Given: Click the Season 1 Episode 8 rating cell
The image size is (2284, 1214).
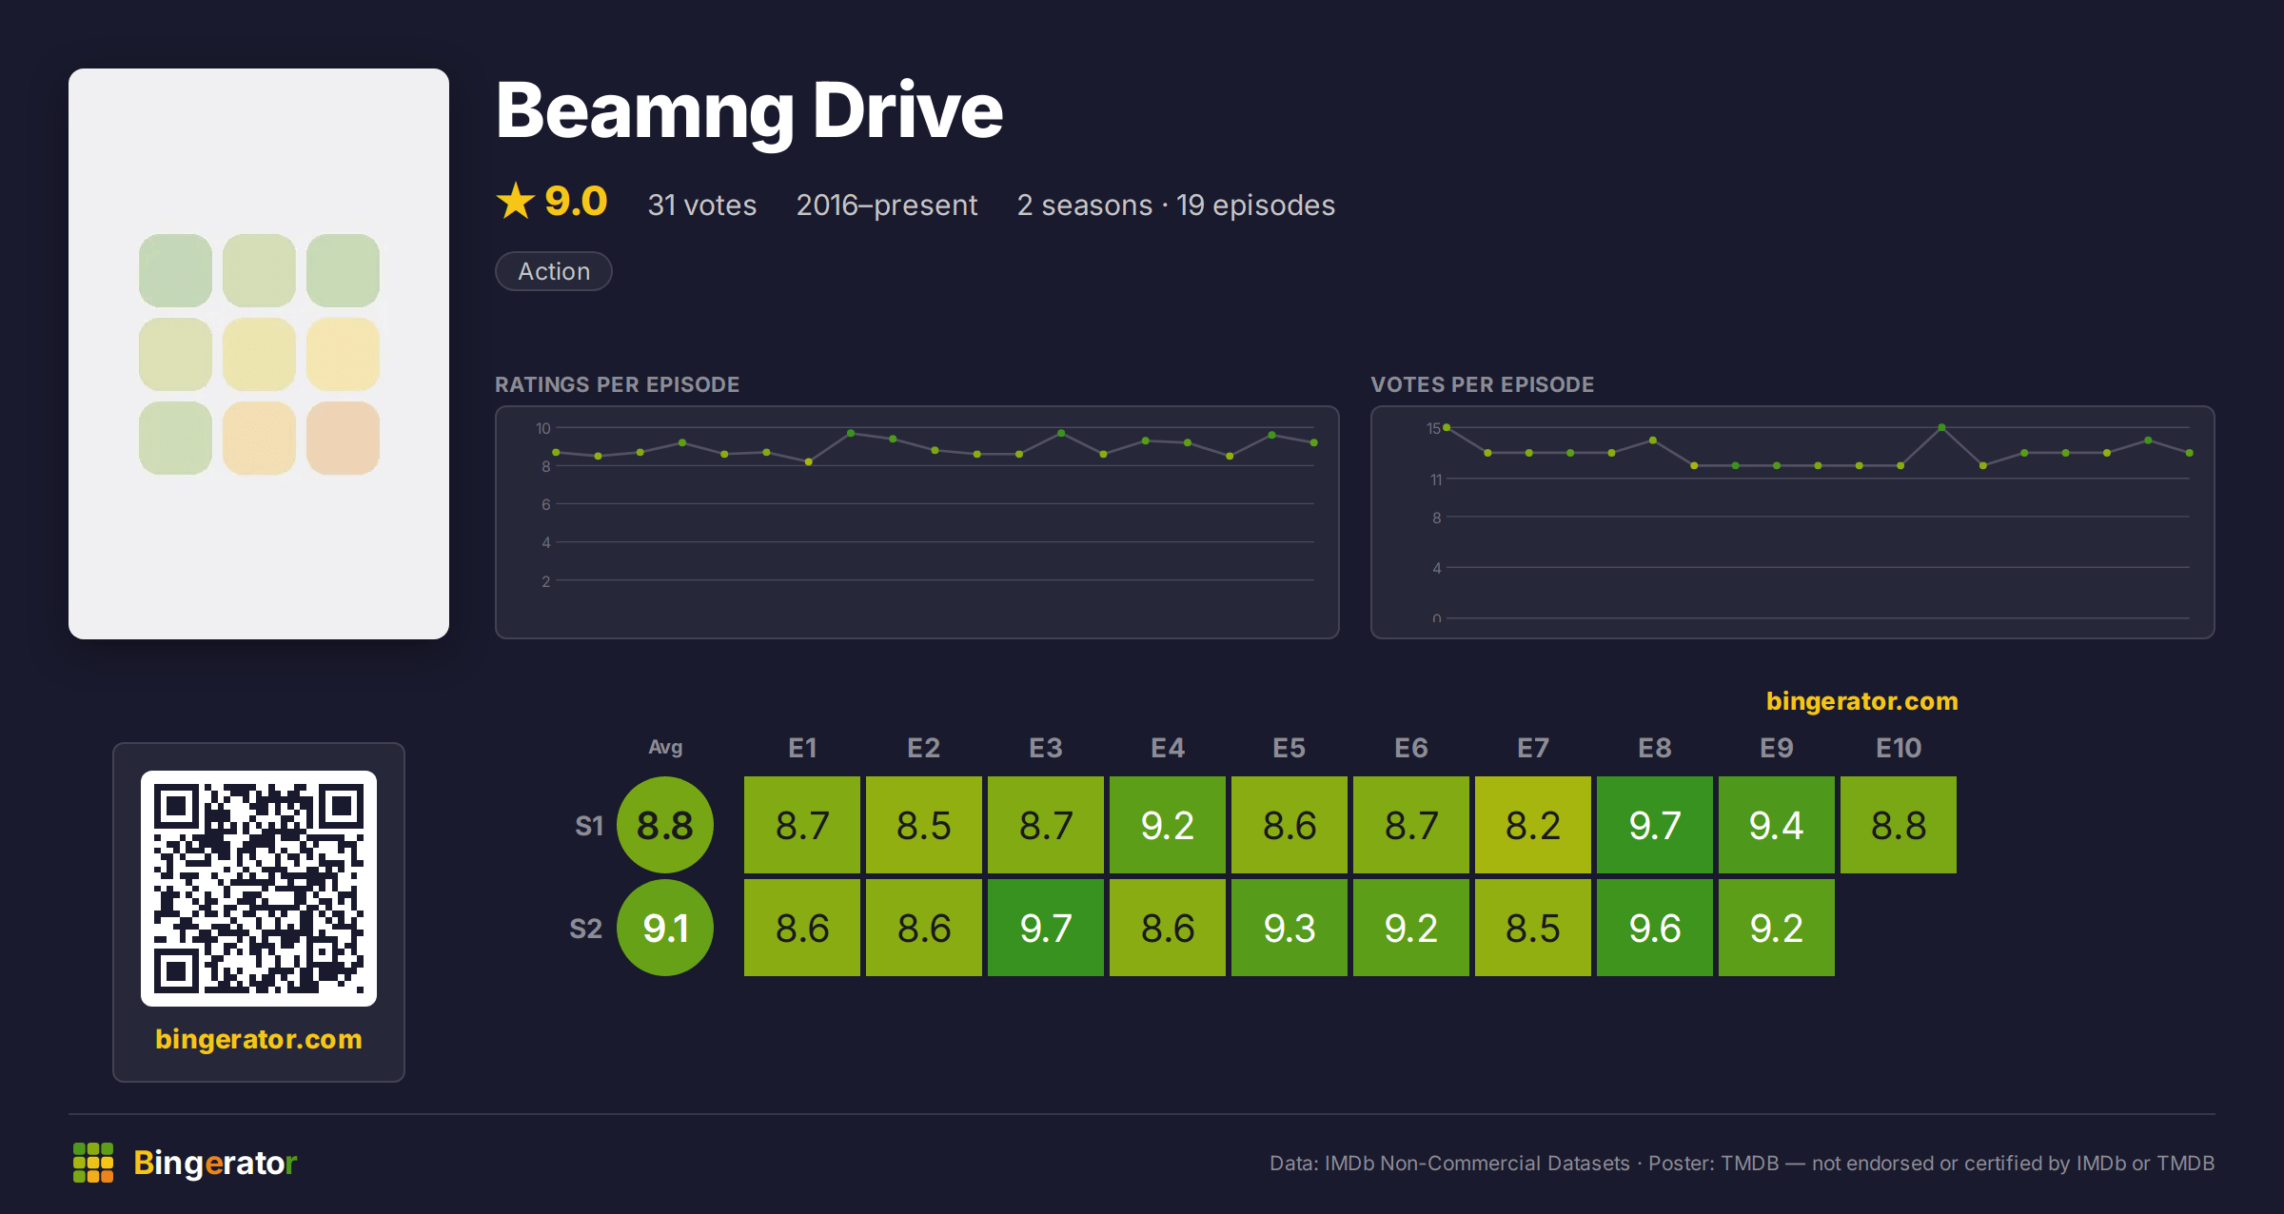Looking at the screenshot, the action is [1654, 825].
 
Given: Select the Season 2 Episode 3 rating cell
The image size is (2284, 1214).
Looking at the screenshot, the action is [1045, 928].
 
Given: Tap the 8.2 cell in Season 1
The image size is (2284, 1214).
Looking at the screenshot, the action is [1532, 825].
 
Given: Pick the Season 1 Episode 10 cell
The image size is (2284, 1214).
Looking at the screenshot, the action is [1898, 825].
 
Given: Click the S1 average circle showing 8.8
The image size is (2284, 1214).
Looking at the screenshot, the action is [665, 825].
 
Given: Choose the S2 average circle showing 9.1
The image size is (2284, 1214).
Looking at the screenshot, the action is [665, 928].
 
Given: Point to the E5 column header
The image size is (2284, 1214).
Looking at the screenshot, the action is [1289, 748].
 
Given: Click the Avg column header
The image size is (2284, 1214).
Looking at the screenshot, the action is [665, 747].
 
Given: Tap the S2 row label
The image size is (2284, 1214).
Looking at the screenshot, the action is [585, 929].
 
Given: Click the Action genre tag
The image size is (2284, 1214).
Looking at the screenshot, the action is [553, 271].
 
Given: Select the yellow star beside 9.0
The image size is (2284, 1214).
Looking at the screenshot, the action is [516, 201].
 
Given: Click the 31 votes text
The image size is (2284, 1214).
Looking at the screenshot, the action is [701, 205].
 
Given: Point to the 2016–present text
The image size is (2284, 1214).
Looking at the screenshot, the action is [886, 206].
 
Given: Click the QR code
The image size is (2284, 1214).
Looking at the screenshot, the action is [259, 889].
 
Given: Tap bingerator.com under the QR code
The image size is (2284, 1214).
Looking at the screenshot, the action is [259, 1039].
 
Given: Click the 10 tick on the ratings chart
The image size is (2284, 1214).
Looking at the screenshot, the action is [543, 428].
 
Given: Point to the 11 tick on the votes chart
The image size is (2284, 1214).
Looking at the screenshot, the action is [1436, 480].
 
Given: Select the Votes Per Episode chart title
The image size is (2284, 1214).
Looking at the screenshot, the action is [1482, 384].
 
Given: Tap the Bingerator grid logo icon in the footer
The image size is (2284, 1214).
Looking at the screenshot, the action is [93, 1163].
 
